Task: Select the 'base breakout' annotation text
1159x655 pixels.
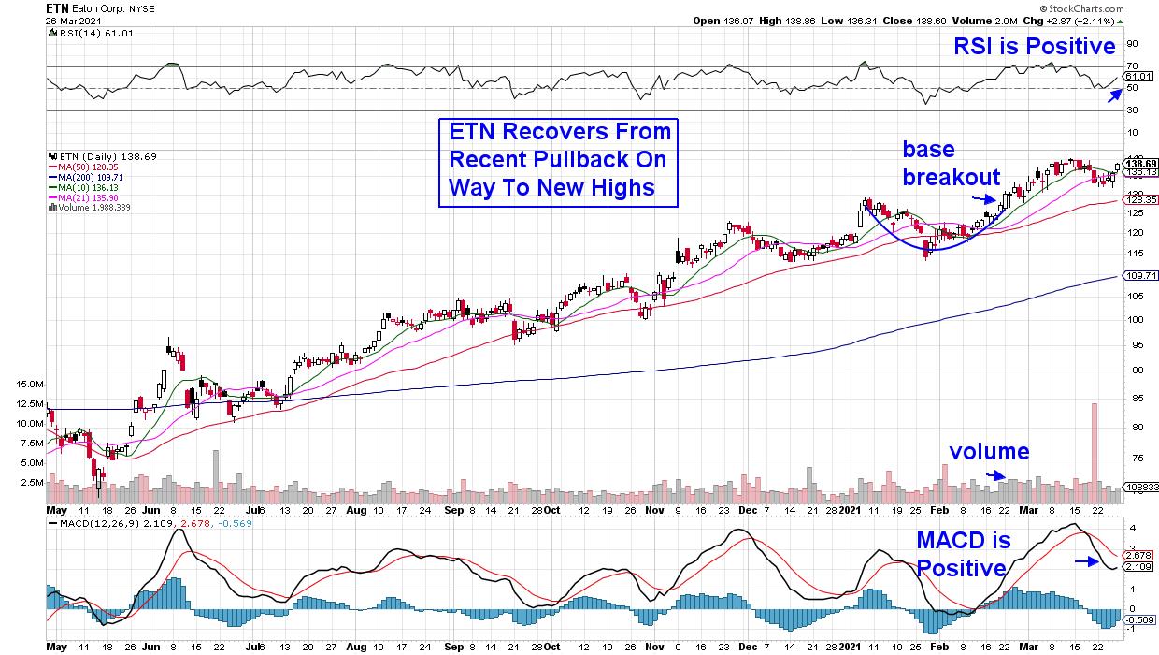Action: tap(951, 163)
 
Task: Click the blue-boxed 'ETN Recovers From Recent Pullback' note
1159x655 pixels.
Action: tap(558, 160)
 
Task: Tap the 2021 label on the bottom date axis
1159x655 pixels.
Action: tap(849, 510)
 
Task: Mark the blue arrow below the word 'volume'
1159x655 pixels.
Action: tap(999, 475)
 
